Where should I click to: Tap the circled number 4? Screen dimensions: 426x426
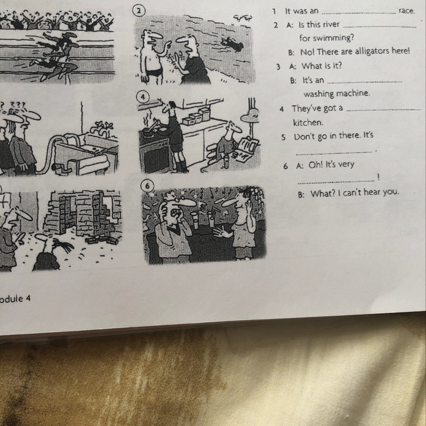(143, 97)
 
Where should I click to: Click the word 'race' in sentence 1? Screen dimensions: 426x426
(406, 11)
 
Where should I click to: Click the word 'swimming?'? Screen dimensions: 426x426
(327, 38)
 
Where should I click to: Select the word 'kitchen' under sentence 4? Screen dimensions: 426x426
(308, 122)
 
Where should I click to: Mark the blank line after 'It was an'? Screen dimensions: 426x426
(359, 13)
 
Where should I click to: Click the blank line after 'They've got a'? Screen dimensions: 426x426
(384, 109)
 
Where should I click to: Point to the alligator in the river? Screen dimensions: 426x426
(231, 44)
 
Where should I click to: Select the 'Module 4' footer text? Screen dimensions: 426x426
(15, 299)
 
